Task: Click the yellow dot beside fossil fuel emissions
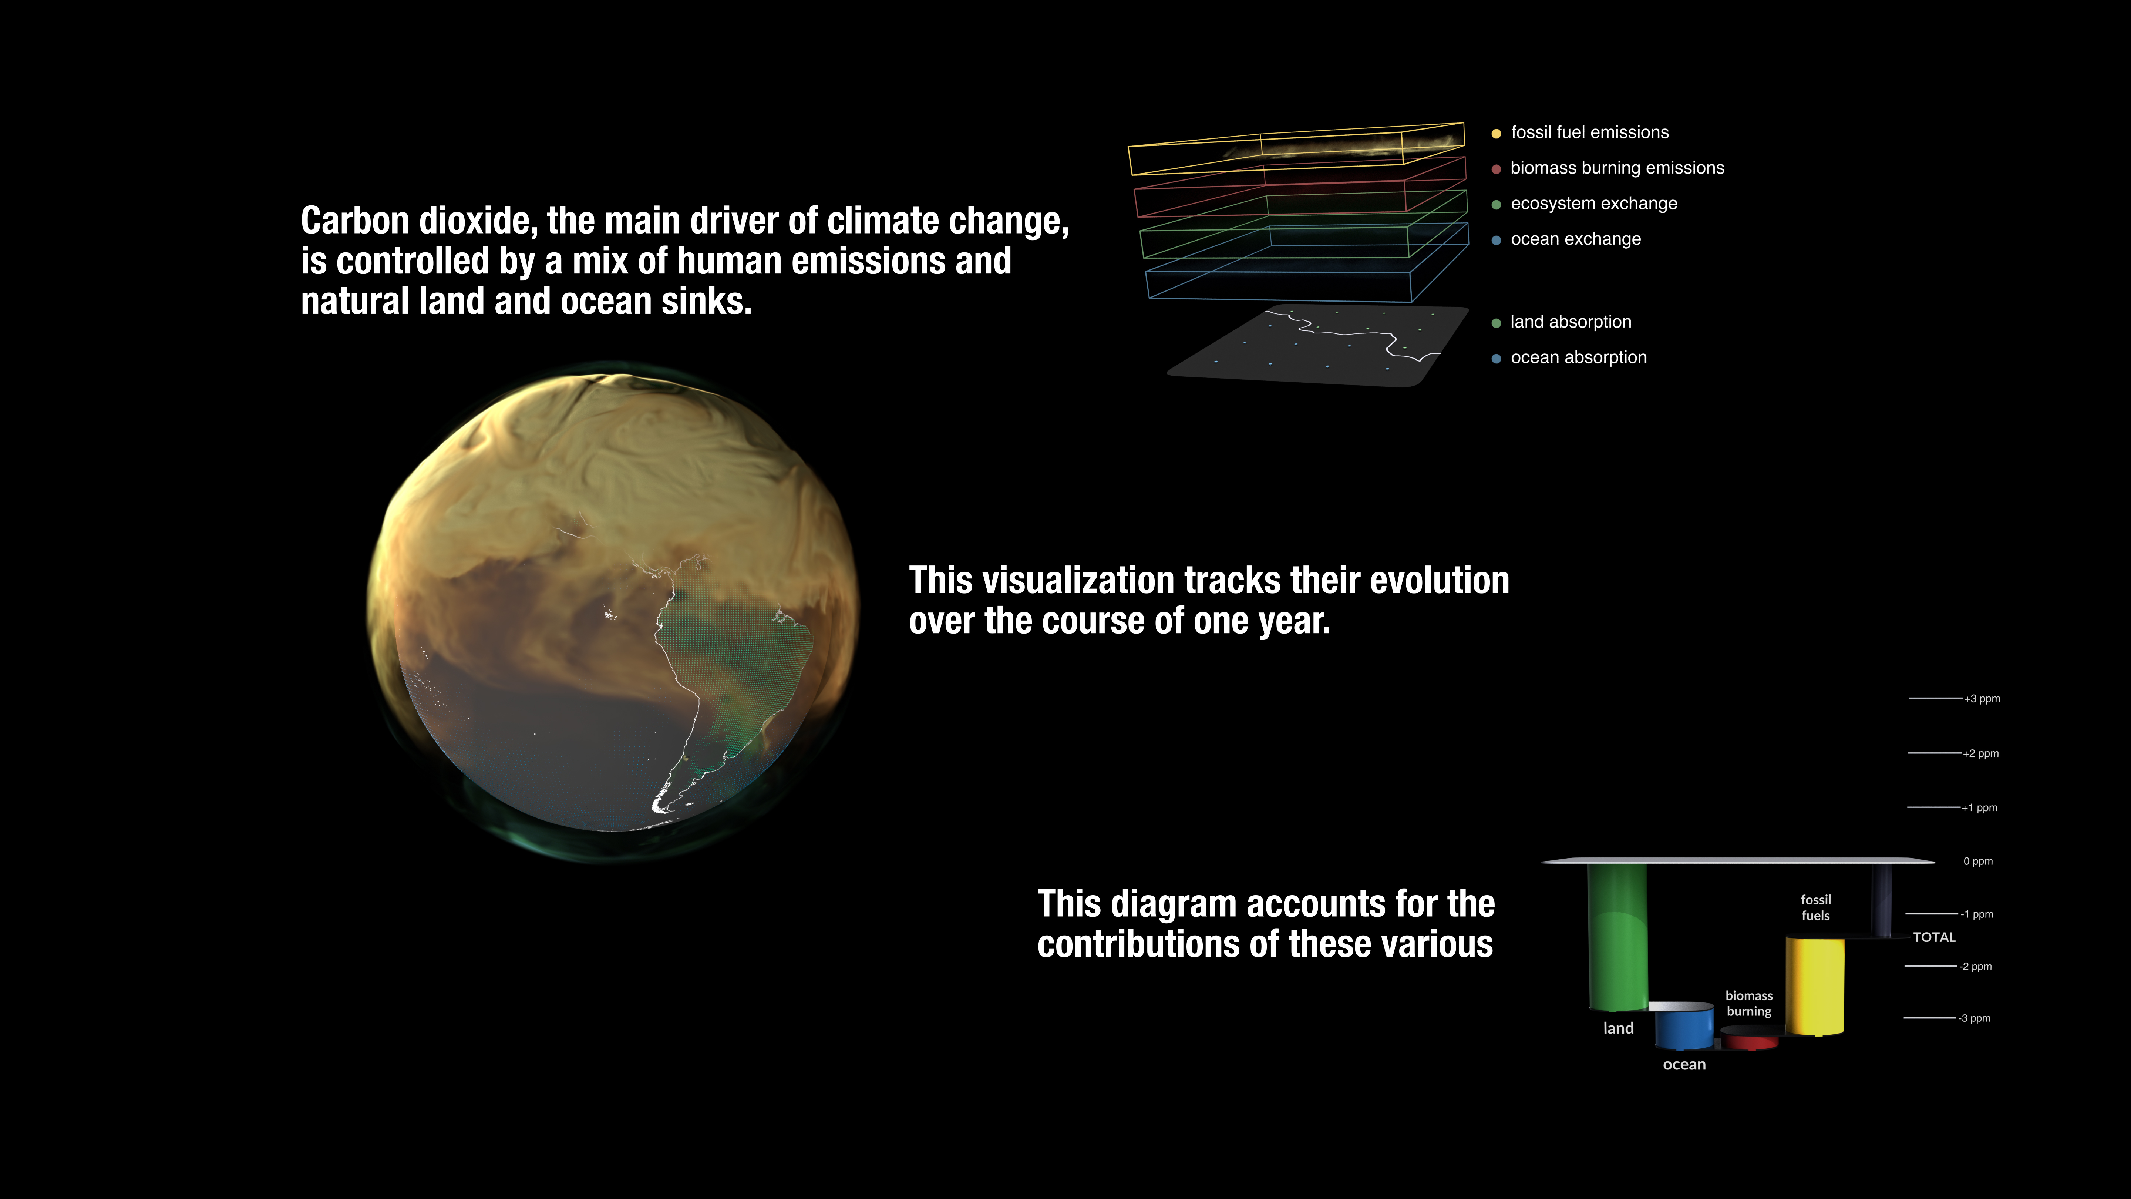1496,133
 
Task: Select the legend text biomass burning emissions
1617,168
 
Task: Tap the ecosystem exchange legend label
1594,204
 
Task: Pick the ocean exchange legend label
1576,239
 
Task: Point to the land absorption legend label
1571,322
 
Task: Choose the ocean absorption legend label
1578,357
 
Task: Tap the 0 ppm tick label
1978,862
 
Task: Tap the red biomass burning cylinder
1750,1038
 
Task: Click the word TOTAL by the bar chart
1934,937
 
